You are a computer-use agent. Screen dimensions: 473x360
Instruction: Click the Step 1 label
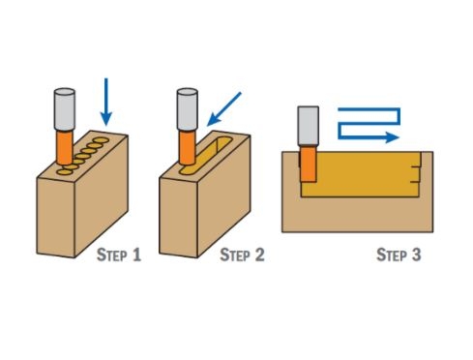coord(119,255)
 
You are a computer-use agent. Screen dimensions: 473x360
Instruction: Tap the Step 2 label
coord(242,255)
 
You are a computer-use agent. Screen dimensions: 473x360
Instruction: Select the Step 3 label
coord(399,255)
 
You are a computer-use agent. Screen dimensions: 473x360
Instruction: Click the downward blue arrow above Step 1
coord(106,102)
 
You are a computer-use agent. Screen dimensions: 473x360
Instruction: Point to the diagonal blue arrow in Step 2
coord(224,109)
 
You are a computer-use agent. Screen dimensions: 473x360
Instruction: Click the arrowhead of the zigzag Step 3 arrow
coord(393,137)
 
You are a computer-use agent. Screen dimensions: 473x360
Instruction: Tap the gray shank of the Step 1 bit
coord(65,109)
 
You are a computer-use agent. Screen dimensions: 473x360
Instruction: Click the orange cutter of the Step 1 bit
coord(65,147)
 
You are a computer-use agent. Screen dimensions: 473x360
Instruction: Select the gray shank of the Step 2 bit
coord(188,109)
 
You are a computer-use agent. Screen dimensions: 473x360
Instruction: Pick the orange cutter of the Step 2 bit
coord(188,147)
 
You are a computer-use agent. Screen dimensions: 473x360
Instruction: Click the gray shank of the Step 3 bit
coord(309,126)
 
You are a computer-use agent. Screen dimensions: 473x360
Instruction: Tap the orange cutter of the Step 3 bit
coord(309,164)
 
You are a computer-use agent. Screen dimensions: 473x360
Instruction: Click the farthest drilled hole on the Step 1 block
coord(102,140)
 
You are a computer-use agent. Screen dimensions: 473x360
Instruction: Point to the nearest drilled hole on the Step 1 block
coord(65,172)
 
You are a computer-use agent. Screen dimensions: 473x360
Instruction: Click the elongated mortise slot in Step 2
coord(206,155)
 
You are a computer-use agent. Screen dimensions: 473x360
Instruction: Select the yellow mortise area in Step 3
coord(361,174)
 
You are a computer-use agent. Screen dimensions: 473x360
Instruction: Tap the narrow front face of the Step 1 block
coord(56,217)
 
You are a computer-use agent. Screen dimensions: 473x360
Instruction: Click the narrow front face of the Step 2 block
coord(179,217)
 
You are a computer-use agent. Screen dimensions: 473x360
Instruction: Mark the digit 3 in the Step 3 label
coord(417,255)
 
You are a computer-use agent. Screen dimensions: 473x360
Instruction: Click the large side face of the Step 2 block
coord(223,196)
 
